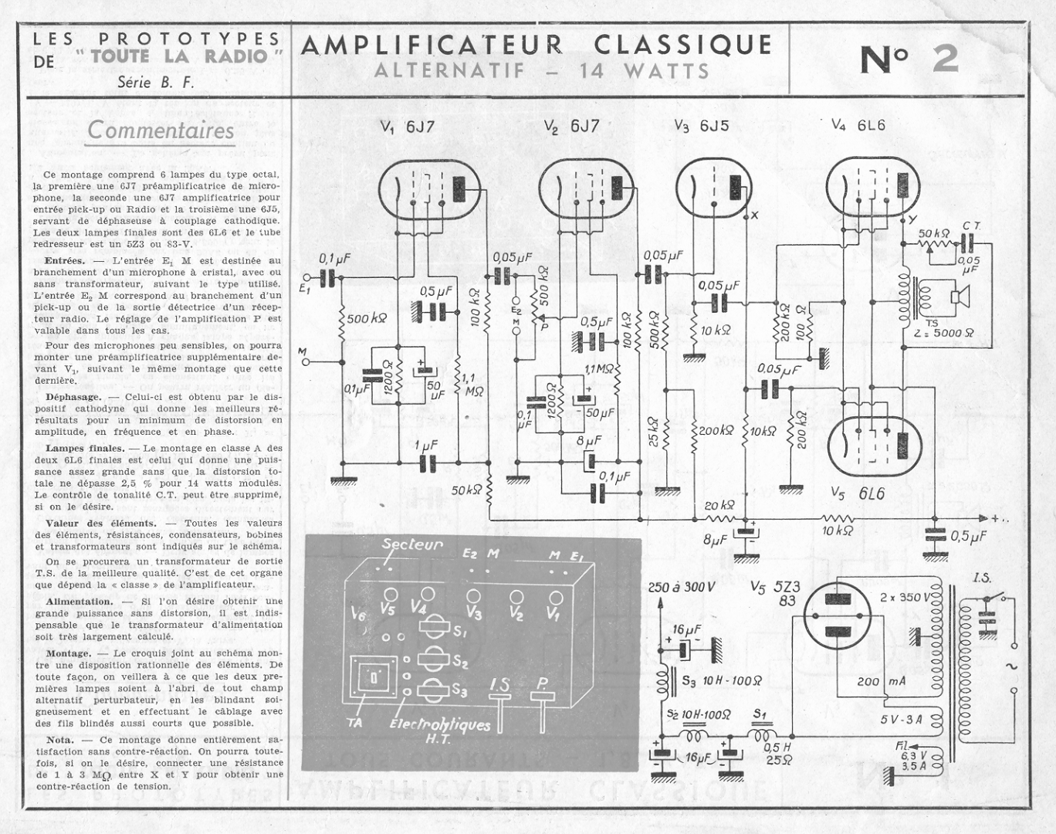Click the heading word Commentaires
(x=161, y=130)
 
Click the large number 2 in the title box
(x=946, y=60)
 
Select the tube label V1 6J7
(x=408, y=127)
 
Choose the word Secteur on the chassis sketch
(x=412, y=544)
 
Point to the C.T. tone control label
(x=971, y=225)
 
